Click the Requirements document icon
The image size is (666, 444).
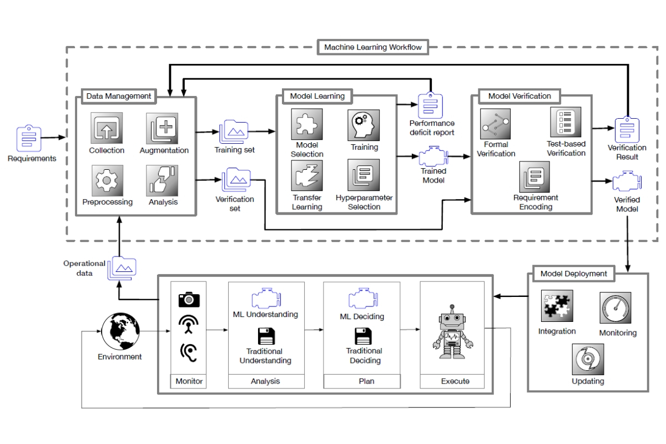28,137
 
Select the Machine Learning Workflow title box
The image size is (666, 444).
373,47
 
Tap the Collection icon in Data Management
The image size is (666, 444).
107,129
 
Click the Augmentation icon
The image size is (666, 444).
162,129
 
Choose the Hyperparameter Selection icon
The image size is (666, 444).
364,175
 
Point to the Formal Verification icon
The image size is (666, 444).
496,124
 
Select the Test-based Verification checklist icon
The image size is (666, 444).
566,123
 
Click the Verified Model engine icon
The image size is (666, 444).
627,183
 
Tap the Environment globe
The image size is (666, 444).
120,331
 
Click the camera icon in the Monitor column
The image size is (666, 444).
189,300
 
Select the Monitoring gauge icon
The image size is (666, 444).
615,309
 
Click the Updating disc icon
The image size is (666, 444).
588,359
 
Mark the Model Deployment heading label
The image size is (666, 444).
573,274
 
